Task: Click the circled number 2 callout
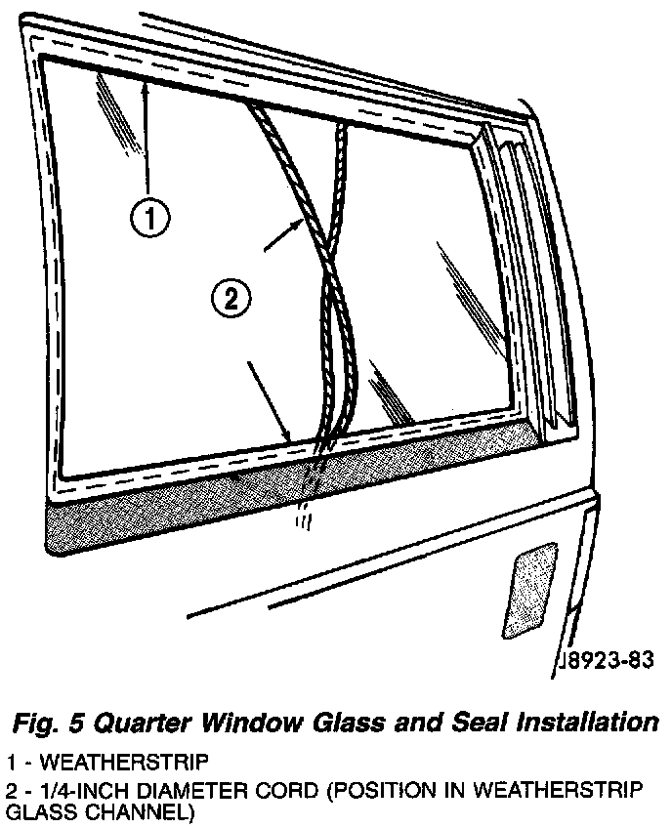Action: click(231, 299)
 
